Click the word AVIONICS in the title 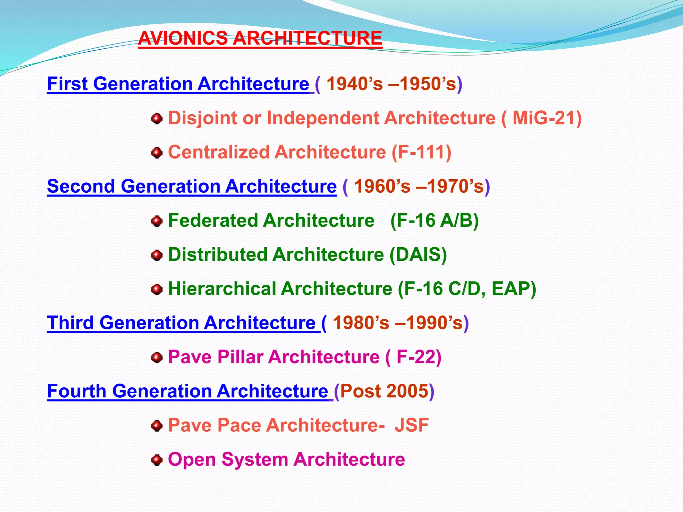183,38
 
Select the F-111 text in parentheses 421,152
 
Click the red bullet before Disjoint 157,119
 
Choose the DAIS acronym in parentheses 418,255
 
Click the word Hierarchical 221,289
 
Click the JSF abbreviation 412,425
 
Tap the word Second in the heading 81,186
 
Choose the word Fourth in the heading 76,391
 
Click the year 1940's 355,84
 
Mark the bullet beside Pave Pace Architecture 157,426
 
